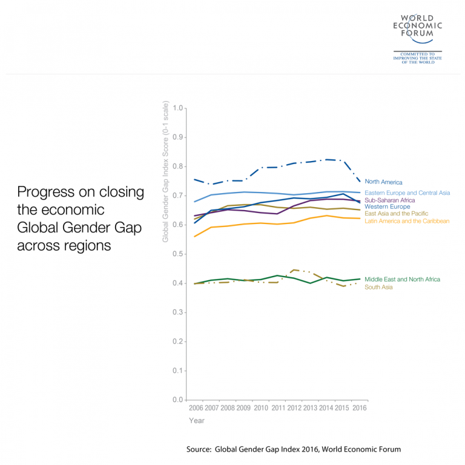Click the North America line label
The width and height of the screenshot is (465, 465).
click(x=383, y=182)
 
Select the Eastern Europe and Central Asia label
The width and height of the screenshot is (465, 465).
click(x=407, y=193)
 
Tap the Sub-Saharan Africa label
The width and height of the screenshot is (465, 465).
click(x=389, y=200)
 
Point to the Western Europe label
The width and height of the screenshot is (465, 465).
click(x=387, y=207)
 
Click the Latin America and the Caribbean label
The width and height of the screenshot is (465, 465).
click(x=407, y=221)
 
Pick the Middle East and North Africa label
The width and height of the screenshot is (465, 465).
click(x=402, y=279)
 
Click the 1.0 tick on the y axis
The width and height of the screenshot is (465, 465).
click(x=177, y=108)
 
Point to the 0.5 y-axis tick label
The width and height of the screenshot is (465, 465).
click(x=177, y=254)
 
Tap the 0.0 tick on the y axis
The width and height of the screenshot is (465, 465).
click(x=177, y=400)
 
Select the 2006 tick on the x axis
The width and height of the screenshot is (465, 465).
click(x=196, y=408)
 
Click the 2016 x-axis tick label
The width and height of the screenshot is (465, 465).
click(x=359, y=408)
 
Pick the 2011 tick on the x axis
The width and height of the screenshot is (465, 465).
click(x=277, y=408)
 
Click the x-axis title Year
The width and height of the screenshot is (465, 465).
click(x=196, y=420)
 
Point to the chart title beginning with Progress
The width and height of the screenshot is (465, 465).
click(x=81, y=219)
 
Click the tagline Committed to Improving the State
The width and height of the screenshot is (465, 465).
click(x=418, y=58)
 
